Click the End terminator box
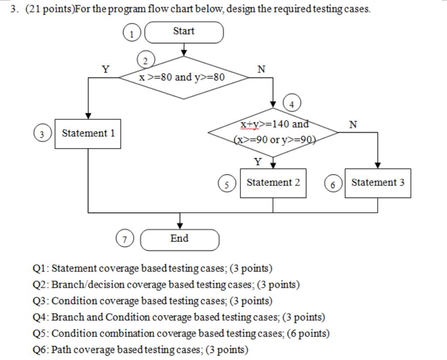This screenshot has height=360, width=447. (179, 239)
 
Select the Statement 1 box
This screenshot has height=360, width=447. (88, 134)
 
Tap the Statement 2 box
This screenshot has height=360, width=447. (273, 183)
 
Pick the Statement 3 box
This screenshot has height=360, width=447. (378, 183)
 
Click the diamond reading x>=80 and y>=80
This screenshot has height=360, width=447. (183, 78)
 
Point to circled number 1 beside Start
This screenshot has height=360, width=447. (131, 33)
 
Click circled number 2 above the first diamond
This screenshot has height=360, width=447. (146, 60)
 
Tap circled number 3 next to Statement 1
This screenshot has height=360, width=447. (42, 134)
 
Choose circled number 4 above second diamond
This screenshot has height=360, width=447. (292, 104)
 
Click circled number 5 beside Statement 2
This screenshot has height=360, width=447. (227, 184)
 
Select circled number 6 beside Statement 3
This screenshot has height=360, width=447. (333, 184)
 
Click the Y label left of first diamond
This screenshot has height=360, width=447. (106, 69)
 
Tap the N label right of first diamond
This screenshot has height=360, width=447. (261, 69)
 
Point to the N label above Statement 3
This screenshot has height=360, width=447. (353, 125)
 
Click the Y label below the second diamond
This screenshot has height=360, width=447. (258, 162)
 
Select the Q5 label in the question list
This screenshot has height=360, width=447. (41, 334)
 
